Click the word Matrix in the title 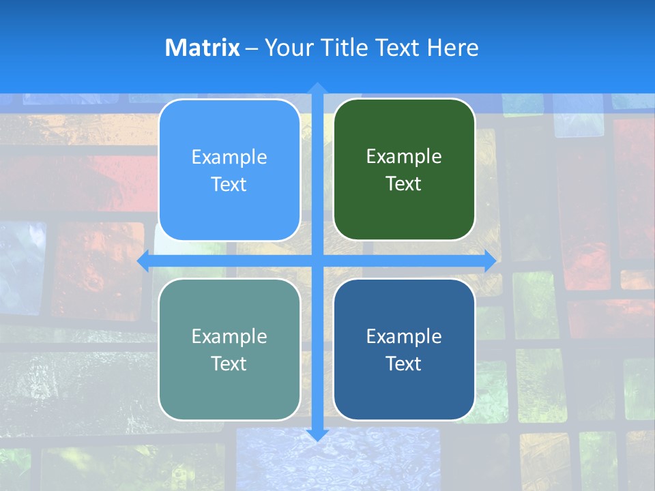click(202, 48)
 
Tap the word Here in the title click(453, 48)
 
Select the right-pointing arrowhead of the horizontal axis click(489, 261)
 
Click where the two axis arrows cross click(317, 261)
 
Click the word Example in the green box click(404, 157)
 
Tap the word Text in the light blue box click(229, 185)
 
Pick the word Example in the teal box click(229, 336)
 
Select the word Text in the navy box click(403, 364)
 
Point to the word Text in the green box click(403, 184)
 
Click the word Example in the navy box click(404, 336)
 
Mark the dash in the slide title click(252, 48)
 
